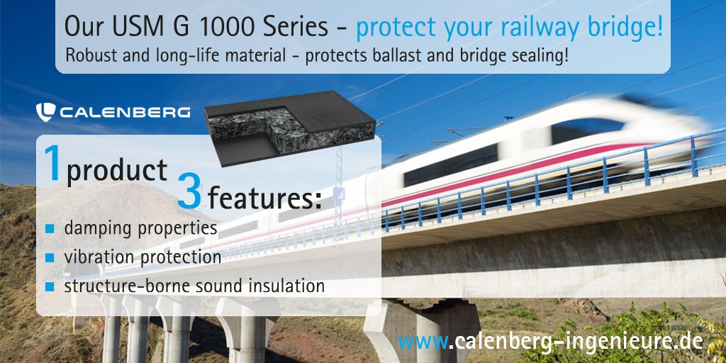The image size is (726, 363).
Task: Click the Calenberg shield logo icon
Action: tap(45, 112)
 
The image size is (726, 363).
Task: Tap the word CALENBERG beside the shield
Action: tap(125, 112)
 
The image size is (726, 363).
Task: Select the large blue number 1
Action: tap(53, 164)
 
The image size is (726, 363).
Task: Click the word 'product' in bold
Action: tap(117, 170)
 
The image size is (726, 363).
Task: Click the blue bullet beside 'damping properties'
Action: tap(50, 229)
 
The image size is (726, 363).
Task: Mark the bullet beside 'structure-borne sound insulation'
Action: tap(50, 287)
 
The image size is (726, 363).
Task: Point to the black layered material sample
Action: tap(290, 128)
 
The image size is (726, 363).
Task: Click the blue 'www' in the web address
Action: tap(423, 342)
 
